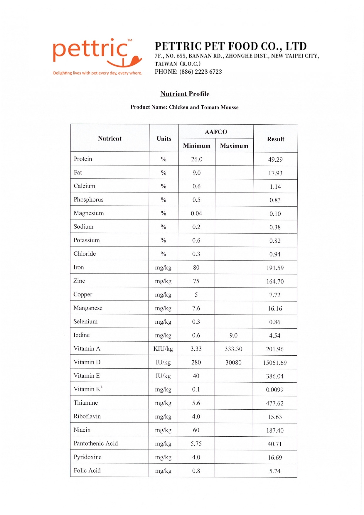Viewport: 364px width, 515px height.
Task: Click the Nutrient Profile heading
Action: click(185, 94)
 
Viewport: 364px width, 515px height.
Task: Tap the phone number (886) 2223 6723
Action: click(200, 72)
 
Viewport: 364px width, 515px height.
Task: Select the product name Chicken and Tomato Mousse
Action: click(204, 107)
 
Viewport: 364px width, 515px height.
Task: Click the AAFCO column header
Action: click(216, 132)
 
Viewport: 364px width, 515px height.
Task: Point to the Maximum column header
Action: click(234, 146)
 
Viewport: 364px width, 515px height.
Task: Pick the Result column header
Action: click(275, 139)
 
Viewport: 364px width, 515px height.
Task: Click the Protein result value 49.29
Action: click(275, 160)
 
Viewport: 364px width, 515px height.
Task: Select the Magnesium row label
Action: click(89, 213)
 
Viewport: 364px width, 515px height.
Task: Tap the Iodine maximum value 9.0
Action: click(233, 335)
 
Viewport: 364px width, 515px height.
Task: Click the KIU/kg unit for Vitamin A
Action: click(163, 349)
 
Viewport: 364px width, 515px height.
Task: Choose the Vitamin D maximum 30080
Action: click(233, 363)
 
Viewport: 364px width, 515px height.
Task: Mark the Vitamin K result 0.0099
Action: click(275, 390)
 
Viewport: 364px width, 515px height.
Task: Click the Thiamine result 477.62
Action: click(275, 403)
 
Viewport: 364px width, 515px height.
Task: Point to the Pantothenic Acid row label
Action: click(96, 443)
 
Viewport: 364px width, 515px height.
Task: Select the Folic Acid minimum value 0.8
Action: click(196, 471)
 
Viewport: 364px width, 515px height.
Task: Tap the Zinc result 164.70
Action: click(275, 282)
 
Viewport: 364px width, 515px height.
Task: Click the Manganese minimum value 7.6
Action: click(196, 308)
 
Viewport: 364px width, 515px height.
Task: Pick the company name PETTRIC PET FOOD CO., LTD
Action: click(231, 46)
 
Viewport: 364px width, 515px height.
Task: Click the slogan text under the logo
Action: click(97, 73)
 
